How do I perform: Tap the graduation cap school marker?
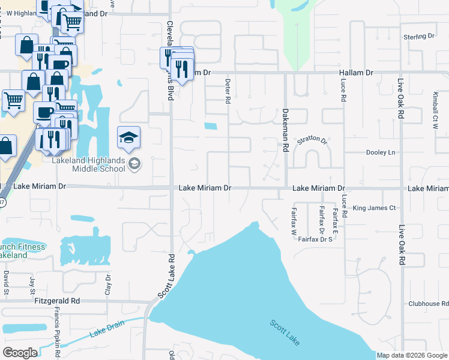click(128, 139)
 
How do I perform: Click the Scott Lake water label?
click(284, 332)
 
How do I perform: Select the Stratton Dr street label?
click(312, 141)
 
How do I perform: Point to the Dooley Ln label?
click(382, 153)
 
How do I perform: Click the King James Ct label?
click(375, 208)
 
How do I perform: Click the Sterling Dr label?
click(419, 37)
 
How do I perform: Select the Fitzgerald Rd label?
click(57, 301)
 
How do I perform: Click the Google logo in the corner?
click(20, 352)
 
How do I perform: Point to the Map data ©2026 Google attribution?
click(412, 355)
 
